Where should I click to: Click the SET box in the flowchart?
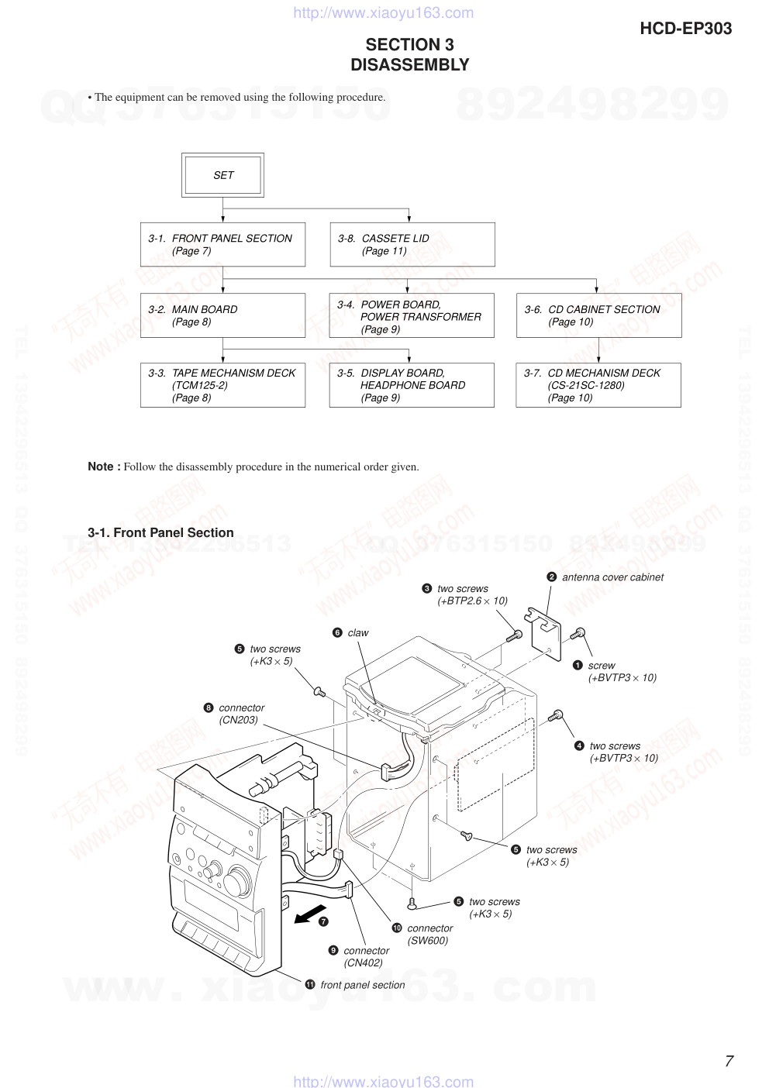tap(223, 175)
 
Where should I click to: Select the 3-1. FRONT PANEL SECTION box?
tap(222, 245)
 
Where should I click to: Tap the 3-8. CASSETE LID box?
tap(412, 245)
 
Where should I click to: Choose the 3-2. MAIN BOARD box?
tap(222, 315)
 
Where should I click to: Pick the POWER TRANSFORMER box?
tap(411, 316)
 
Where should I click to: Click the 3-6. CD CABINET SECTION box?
tap(598, 315)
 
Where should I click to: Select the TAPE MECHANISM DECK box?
tap(222, 385)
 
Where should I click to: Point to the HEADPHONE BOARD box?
tap(411, 385)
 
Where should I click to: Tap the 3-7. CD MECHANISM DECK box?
tap(598, 385)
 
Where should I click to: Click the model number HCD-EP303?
tap(685, 29)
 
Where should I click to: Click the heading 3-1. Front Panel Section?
tap(160, 532)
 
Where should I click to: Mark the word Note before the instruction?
tap(102, 467)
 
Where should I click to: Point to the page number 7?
tap(729, 1061)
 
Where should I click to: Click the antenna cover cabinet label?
tap(612, 577)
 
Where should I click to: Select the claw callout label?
tap(357, 633)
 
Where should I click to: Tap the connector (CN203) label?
tap(241, 714)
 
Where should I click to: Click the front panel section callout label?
tap(362, 985)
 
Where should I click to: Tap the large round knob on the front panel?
tap(238, 881)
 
